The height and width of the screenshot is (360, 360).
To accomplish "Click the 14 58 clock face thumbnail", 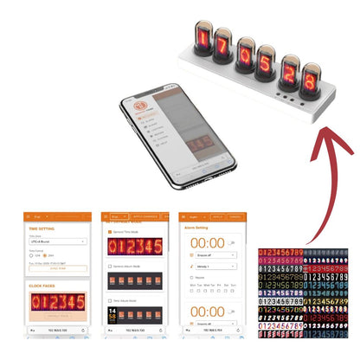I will tap(112, 319).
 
